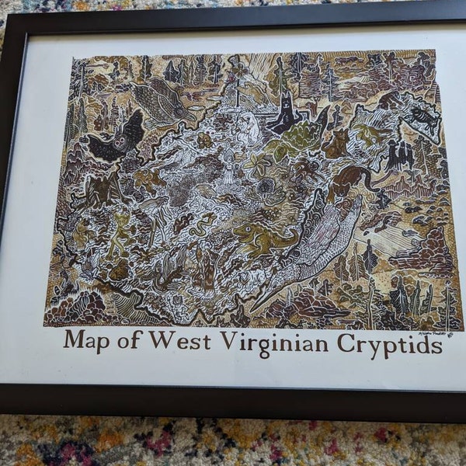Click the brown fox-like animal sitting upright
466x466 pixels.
(x=339, y=143)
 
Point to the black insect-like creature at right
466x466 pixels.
(x=424, y=116)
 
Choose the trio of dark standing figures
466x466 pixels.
(x=398, y=155)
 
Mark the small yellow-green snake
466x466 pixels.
(x=200, y=225)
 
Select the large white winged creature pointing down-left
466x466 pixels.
(x=311, y=249)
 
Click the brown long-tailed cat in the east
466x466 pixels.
(x=349, y=183)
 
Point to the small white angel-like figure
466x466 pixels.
(x=229, y=167)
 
